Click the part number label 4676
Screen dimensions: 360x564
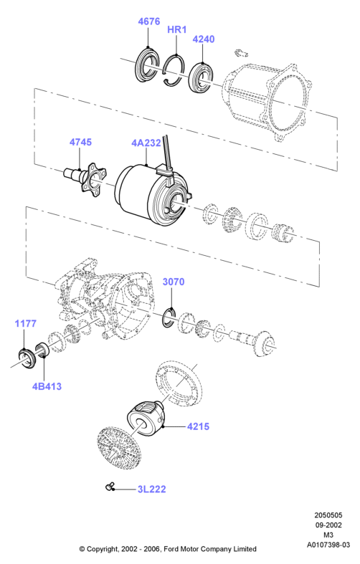[x=148, y=21]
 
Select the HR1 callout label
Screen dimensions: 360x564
[x=176, y=29]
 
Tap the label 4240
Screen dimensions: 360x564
[x=204, y=39]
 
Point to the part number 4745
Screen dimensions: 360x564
[x=80, y=142]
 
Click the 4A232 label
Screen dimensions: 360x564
[x=146, y=143]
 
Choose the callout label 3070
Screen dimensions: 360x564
[x=174, y=282]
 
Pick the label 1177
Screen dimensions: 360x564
[x=26, y=323]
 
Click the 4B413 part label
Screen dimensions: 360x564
[x=47, y=386]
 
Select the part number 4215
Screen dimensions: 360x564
[x=198, y=426]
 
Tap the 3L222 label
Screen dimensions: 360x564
[x=151, y=489]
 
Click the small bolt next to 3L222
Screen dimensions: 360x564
[x=110, y=487]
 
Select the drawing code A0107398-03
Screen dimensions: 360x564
[x=328, y=545]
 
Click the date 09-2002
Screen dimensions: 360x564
[x=328, y=525]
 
